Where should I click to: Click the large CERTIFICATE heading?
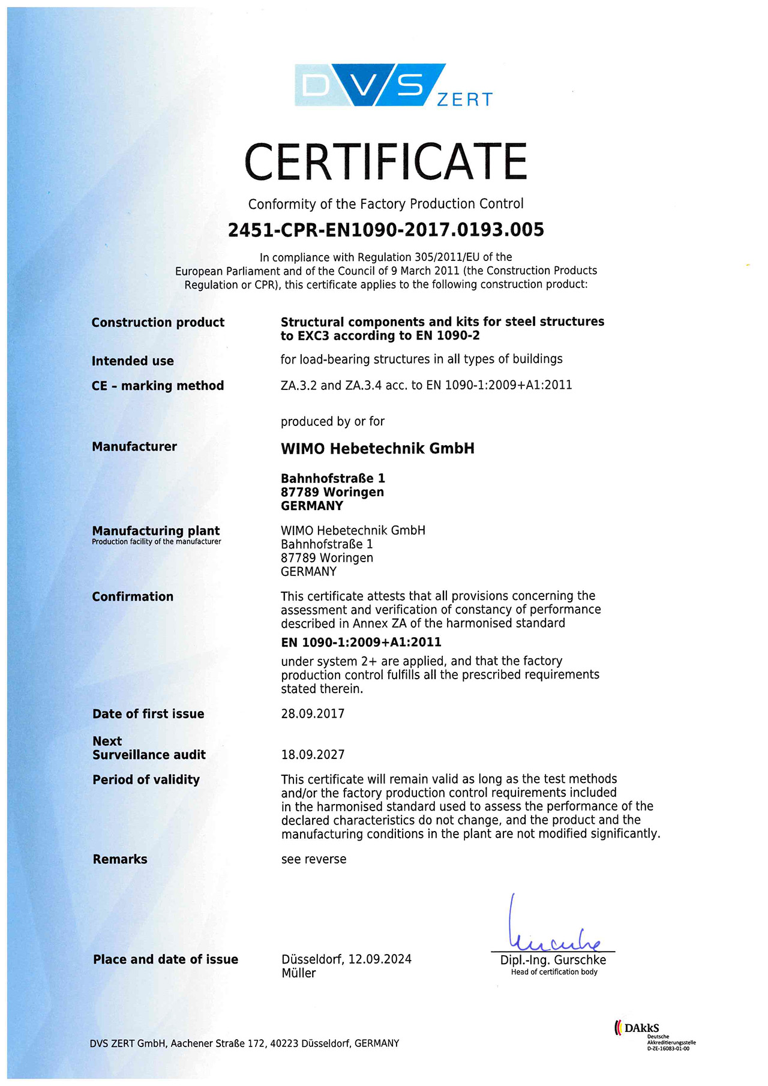pos(385,161)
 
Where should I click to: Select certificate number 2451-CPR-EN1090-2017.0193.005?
pos(386,230)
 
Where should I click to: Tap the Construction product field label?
pos(158,322)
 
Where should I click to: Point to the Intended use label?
pos(133,361)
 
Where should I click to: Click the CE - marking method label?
pos(158,386)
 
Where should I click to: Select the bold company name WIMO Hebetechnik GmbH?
pos(377,448)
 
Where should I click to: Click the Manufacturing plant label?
pos(156,531)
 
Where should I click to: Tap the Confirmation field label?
pos(133,596)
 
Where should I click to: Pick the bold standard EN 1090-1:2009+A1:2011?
pos(361,642)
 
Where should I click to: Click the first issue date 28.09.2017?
pos(313,713)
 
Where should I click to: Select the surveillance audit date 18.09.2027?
pos(313,754)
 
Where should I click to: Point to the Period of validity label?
pos(146,779)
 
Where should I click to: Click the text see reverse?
pos(314,859)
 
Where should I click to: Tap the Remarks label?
pos(120,859)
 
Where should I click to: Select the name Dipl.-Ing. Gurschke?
pos(553,960)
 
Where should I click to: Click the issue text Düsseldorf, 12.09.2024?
pos(346,959)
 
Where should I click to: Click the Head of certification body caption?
pos(554,972)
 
